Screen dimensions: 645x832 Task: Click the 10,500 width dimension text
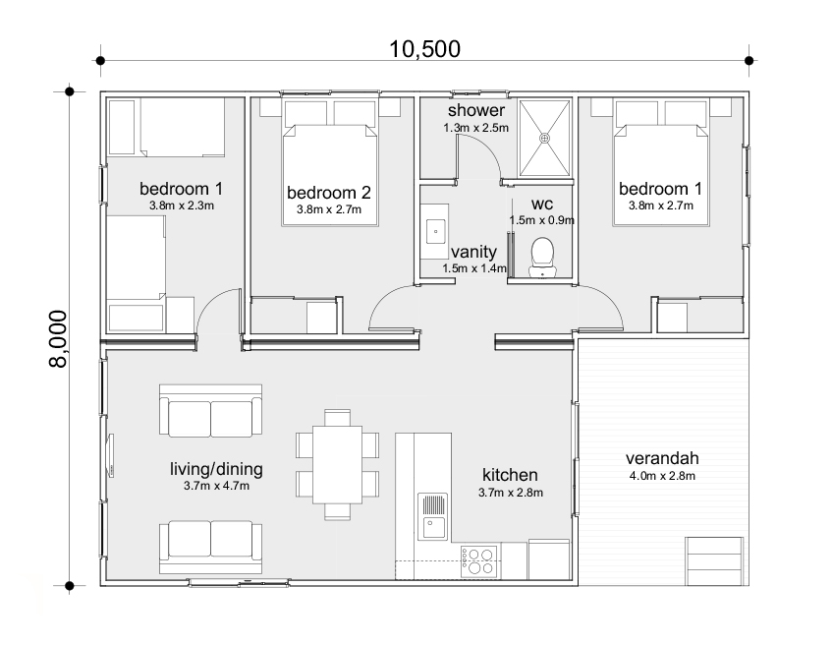pos(426,47)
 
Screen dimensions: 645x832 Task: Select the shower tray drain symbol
pos(544,140)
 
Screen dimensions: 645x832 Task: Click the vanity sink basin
pos(436,232)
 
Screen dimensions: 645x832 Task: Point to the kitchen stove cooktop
pos(478,561)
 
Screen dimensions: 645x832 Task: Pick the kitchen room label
pos(510,475)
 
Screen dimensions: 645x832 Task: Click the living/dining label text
pos(216,469)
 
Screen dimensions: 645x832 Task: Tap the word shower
pos(476,110)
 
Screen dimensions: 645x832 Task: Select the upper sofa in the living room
pos(210,412)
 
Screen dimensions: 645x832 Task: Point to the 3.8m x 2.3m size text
pos(182,206)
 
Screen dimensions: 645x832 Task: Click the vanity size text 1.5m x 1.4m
pos(473,267)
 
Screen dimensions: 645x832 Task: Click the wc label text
pos(542,204)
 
